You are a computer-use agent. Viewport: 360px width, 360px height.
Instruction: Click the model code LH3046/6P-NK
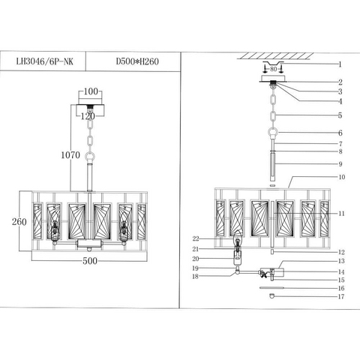(45, 61)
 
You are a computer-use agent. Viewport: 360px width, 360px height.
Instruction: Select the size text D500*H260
(137, 61)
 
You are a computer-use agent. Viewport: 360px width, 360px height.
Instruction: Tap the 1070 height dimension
(70, 155)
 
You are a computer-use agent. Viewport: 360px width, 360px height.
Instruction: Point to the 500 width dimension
(90, 261)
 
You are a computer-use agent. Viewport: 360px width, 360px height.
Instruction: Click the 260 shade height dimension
(19, 222)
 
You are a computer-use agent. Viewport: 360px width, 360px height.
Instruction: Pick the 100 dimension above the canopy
(91, 91)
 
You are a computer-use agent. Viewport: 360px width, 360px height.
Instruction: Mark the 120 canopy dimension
(88, 116)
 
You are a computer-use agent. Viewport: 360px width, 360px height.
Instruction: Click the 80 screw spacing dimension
(274, 69)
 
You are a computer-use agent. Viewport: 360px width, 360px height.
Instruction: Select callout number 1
(340, 64)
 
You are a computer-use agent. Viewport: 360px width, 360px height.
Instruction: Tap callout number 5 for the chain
(340, 115)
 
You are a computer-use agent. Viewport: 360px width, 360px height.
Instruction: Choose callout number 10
(341, 177)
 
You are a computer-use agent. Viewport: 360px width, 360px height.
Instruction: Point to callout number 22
(196, 238)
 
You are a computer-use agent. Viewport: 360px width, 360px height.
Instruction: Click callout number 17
(341, 296)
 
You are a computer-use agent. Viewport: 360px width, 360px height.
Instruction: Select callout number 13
(341, 261)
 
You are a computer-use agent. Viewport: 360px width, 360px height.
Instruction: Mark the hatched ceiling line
(275, 56)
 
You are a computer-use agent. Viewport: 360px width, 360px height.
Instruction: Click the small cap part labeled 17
(272, 296)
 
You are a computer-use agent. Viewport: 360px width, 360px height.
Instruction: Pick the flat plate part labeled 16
(271, 288)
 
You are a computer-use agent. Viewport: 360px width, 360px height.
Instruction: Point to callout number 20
(196, 259)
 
